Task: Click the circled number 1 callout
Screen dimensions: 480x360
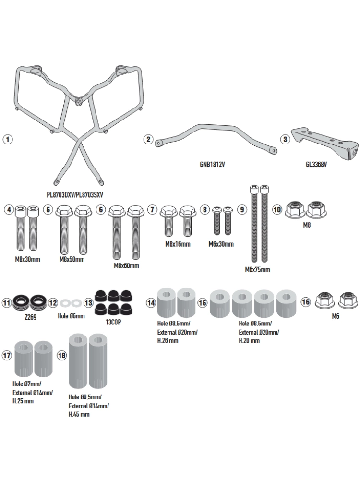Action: coord(7,139)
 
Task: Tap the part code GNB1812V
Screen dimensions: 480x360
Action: coord(212,164)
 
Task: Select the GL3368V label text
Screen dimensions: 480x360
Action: coord(316,164)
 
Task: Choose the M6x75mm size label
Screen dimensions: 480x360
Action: coord(257,269)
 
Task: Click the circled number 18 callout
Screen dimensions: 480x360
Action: coord(60,356)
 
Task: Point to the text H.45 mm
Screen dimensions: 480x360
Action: coord(79,414)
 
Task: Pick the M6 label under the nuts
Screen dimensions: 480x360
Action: coord(336,317)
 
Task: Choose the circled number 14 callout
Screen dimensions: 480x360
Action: coord(151,302)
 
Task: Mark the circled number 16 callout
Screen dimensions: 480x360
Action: coord(305,302)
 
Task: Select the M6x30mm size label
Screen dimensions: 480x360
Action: coord(221,244)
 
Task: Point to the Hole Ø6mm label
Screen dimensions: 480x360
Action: coord(71,316)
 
